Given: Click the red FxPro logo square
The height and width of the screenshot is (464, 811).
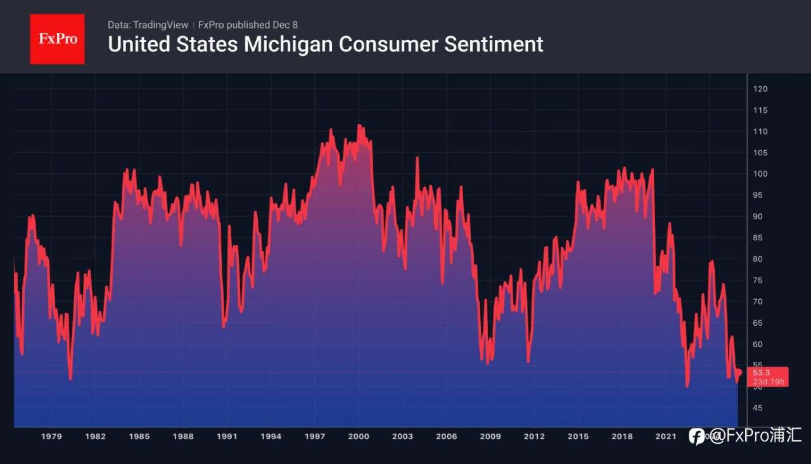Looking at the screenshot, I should point(57,39).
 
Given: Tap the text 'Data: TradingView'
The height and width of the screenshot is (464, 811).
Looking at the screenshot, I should point(148,25).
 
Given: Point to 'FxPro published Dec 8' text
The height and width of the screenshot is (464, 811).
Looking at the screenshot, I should point(248,25).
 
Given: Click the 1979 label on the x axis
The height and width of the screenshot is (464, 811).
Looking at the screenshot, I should point(51,436).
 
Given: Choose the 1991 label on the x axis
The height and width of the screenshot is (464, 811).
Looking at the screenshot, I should point(227,436).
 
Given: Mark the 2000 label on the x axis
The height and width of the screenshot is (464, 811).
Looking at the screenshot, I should point(359,436).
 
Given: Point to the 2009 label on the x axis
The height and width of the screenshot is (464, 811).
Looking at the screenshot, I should point(490,436).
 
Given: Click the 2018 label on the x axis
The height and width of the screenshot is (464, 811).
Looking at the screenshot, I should point(622,436).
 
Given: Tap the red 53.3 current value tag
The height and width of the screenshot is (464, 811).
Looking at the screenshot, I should point(769,377).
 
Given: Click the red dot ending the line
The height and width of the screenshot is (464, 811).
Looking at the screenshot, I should point(739,372).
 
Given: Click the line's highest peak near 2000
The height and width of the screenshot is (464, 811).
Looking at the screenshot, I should point(359,126).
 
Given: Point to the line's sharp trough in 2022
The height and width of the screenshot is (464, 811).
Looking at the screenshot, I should point(687,386).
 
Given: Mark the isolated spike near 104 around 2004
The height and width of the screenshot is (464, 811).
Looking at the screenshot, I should point(417,157).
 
